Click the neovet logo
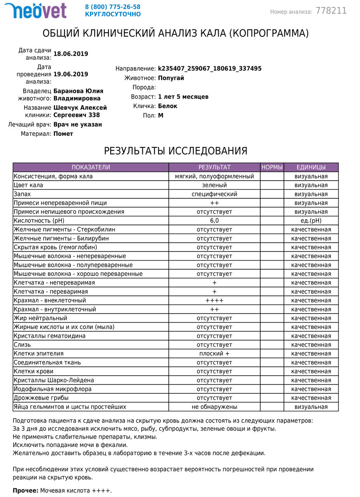click(x=35, y=10)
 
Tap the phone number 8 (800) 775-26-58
click(x=113, y=7)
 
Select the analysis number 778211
click(x=331, y=11)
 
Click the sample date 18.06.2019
click(x=71, y=54)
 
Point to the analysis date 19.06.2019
click(x=71, y=74)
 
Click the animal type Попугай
click(x=171, y=78)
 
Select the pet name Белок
click(x=168, y=106)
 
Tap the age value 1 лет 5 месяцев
click(x=183, y=97)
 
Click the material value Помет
click(x=63, y=134)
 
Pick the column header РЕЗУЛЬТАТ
click(x=214, y=167)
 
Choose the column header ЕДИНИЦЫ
click(x=311, y=167)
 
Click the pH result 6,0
click(x=214, y=221)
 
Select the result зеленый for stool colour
click(x=214, y=185)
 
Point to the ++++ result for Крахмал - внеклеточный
click(x=214, y=300)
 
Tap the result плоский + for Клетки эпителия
click(x=214, y=354)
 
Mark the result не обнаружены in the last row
click(x=214, y=407)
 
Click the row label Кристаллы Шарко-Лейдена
click(x=54, y=380)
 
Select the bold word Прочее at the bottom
click(x=25, y=491)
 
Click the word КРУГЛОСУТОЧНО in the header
click(x=113, y=14)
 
